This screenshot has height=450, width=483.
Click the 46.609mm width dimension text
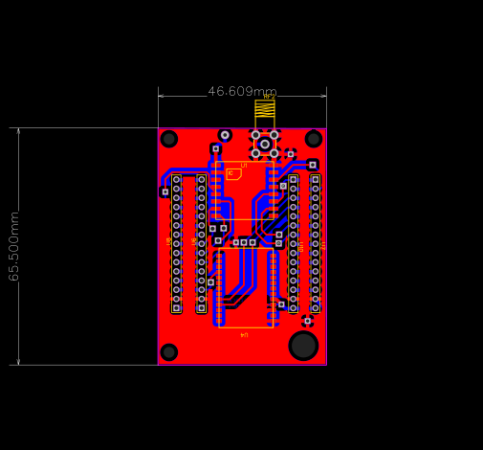243,92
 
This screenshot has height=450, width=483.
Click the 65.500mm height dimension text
14,246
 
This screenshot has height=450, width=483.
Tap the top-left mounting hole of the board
169,139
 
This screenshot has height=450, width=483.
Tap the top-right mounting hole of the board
314,139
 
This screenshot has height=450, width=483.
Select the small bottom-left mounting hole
169,352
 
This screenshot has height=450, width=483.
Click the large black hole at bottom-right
303,346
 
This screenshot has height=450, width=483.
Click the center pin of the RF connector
265,144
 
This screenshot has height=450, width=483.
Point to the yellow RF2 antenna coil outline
265,109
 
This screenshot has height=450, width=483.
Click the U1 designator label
244,166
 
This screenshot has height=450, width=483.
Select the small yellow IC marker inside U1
233,174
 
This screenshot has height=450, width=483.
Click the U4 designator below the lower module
244,335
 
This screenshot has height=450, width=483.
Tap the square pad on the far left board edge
165,191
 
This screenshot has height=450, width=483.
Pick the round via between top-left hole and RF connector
225,135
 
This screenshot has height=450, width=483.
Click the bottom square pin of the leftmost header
176,308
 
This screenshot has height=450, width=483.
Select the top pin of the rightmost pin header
316,179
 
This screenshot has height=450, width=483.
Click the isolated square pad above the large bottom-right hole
307,321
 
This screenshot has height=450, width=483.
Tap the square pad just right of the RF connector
291,153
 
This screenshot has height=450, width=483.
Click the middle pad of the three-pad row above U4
244,242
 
